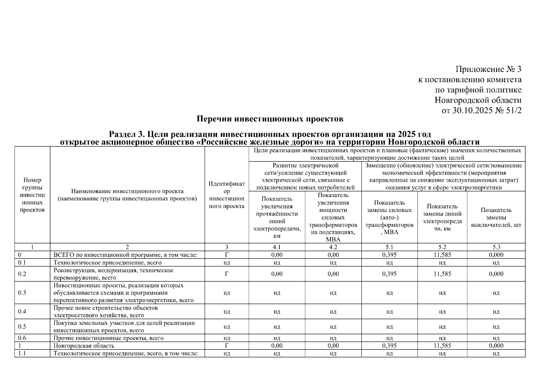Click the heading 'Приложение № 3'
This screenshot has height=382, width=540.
tap(488, 69)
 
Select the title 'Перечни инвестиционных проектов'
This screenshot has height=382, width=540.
tap(270, 119)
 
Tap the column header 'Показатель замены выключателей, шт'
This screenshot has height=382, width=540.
tap(496, 217)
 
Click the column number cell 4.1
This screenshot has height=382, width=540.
tap(277, 247)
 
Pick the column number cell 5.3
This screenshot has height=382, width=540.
tap(496, 247)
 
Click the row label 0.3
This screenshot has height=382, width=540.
tap(22, 293)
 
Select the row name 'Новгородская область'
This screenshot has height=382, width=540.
tap(84, 346)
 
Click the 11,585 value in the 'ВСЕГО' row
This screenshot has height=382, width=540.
tap(442, 255)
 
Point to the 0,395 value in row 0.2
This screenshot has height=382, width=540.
tap(389, 274)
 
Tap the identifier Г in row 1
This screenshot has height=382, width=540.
tap(227, 346)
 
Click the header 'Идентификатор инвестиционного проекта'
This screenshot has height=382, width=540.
tap(227, 195)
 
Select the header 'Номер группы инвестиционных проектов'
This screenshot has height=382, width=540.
tap(32, 195)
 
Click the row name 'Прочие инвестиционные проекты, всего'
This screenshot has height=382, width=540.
tap(109, 338)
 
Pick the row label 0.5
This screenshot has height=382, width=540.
tap(22, 327)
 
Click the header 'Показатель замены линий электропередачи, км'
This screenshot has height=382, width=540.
tap(442, 217)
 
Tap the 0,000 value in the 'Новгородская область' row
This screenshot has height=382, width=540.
tap(496, 346)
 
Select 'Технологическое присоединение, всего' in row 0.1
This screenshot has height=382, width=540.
tap(107, 263)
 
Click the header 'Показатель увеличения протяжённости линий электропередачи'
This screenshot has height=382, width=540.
tap(277, 217)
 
